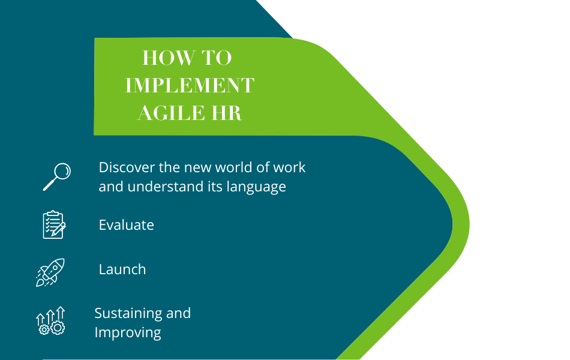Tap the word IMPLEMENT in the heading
click(190, 85)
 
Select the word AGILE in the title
click(170, 112)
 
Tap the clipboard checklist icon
click(53, 224)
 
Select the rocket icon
click(50, 272)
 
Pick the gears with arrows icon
click(50, 320)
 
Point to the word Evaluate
click(126, 225)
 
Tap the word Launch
click(122, 269)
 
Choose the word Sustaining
click(128, 313)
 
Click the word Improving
click(128, 332)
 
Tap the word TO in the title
click(217, 58)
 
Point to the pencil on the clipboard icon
click(59, 229)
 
